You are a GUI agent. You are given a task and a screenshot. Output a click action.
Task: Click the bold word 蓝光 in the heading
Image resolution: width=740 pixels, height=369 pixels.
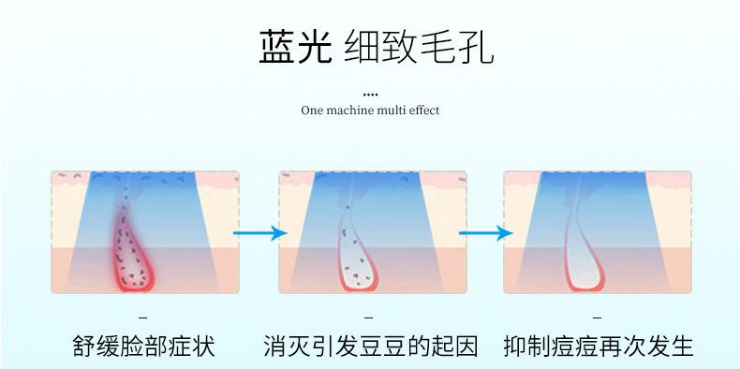tap(295, 47)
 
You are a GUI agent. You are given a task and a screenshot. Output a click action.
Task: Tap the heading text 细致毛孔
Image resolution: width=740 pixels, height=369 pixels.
tap(419, 47)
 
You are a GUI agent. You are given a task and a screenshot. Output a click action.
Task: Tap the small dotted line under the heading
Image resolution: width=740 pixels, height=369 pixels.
tap(370, 95)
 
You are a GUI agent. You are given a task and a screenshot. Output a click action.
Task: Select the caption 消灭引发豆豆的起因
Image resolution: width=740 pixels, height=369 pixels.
tap(371, 347)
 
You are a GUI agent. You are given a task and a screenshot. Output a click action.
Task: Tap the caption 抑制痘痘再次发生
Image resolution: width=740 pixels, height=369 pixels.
tap(598, 347)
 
